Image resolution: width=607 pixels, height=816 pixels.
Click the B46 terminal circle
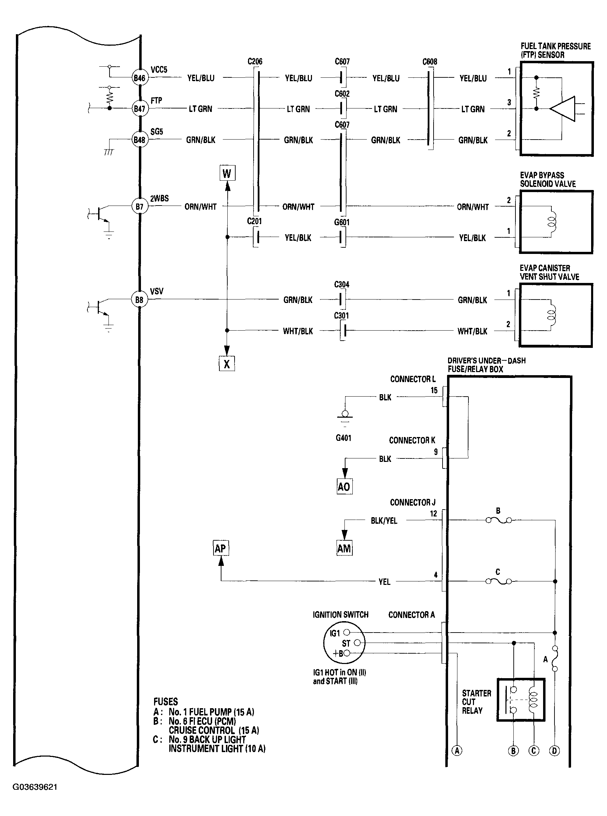139,78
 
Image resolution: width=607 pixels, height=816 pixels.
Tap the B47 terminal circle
139,109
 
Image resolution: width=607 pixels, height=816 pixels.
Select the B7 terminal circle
139,207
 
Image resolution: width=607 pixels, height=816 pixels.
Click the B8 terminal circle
139,300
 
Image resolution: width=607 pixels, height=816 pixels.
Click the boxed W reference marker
227,173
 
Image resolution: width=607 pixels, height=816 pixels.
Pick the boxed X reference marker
227,364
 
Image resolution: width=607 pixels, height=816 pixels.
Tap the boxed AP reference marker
220,549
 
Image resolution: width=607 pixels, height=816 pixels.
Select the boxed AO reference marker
344,486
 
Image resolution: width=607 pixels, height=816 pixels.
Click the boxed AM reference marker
344,549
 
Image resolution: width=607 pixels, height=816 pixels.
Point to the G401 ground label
343,438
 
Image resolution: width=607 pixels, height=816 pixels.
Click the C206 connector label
255,61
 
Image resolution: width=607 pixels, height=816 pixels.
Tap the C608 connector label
429,62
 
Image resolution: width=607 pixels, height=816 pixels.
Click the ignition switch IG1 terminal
346,633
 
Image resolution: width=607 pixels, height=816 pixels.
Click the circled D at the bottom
554,751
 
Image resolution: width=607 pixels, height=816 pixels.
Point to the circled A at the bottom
457,751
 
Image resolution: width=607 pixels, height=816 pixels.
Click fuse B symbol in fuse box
499,520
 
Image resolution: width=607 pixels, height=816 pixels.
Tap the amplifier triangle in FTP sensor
563,109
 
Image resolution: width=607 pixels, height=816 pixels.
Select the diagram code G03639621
35,787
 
